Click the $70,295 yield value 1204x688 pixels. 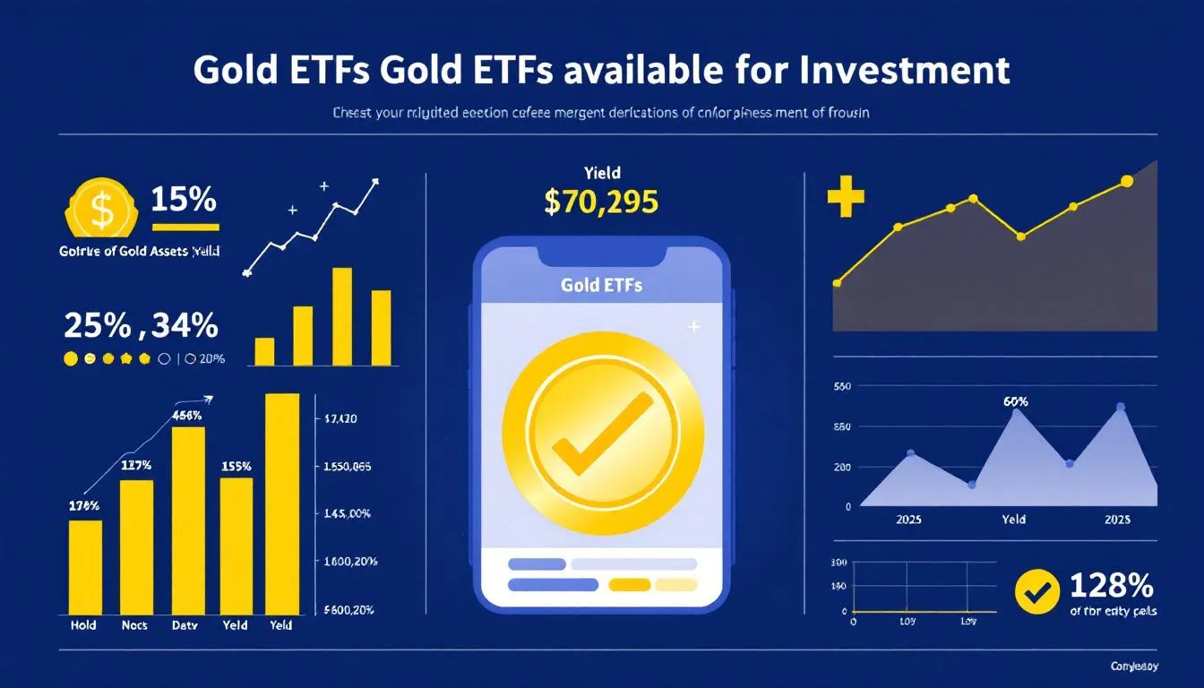(601, 202)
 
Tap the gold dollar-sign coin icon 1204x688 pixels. (102, 209)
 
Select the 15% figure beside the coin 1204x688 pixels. (184, 200)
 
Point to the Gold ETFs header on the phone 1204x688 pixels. (601, 286)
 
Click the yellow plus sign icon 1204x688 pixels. (846, 199)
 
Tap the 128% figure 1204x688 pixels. (1112, 586)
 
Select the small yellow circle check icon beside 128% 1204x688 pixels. (1037, 591)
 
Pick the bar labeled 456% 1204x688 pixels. (188, 520)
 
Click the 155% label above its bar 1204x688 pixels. (236, 467)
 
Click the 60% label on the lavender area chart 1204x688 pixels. (1015, 401)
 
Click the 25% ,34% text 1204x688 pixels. (141, 325)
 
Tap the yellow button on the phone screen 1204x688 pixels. (629, 585)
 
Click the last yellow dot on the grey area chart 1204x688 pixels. (1127, 181)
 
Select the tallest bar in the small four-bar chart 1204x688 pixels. (342, 316)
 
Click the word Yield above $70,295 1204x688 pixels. (601, 172)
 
